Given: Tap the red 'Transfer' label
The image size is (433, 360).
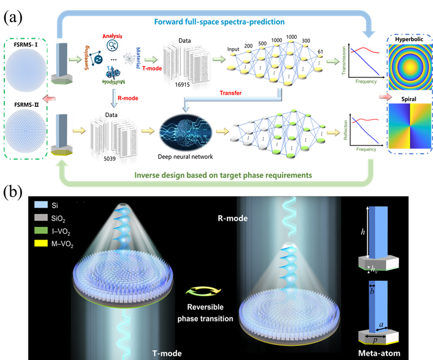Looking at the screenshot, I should [x=231, y=93].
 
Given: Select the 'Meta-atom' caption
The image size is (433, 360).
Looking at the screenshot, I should [x=385, y=354].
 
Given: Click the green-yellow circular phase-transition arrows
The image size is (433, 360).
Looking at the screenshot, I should [x=198, y=291].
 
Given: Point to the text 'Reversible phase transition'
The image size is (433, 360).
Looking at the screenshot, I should [x=205, y=313].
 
